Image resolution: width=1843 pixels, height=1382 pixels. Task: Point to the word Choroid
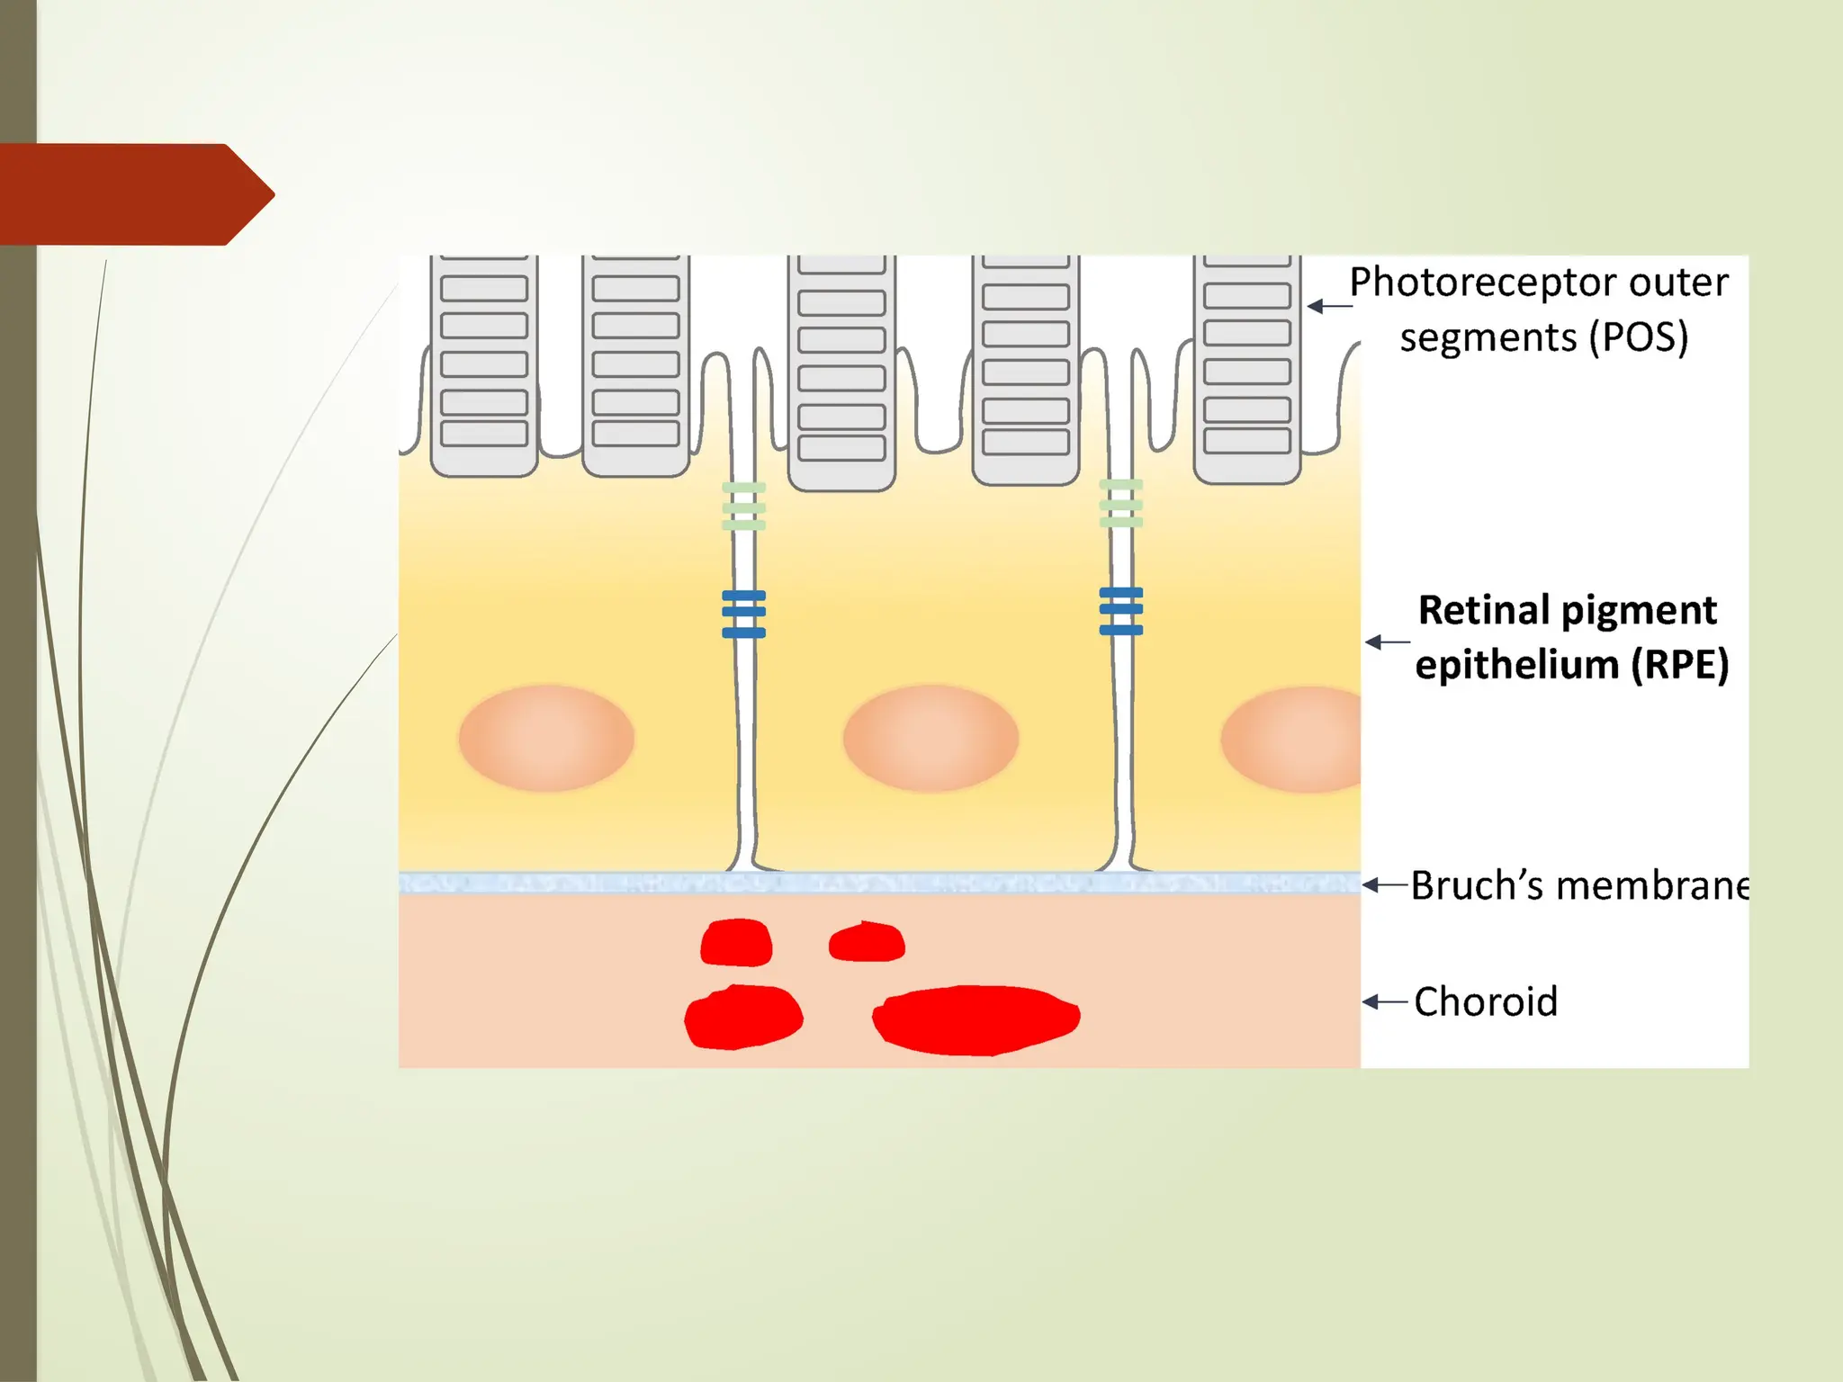[x=1486, y=1001]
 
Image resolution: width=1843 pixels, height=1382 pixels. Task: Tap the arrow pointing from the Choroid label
[x=1383, y=1001]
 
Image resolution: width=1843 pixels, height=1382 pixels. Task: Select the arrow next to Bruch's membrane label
[x=1383, y=885]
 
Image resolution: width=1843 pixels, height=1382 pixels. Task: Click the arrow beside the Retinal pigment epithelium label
[x=1386, y=642]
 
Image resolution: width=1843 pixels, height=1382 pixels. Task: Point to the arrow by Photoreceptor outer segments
[x=1328, y=306]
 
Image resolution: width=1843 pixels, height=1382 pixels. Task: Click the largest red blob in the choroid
[x=976, y=1019]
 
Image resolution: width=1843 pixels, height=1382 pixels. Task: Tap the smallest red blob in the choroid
[x=866, y=942]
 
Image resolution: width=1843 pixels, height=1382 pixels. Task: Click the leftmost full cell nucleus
[x=546, y=738]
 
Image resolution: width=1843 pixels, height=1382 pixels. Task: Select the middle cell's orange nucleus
[x=930, y=738]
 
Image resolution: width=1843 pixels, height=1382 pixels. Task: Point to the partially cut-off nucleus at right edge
[x=1296, y=740]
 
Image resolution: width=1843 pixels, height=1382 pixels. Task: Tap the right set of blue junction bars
[x=1120, y=611]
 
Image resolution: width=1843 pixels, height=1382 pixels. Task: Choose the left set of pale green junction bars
[x=743, y=506]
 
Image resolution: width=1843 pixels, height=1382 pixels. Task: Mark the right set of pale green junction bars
[x=1120, y=504]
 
